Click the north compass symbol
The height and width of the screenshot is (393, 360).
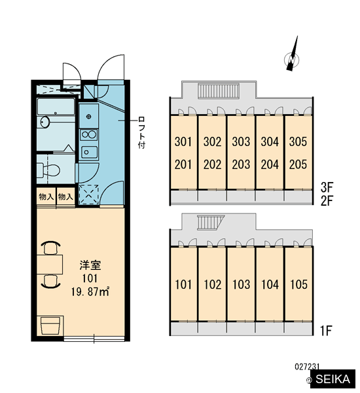click(292, 58)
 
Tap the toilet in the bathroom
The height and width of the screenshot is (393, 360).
click(48, 170)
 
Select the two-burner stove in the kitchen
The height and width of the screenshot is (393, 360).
click(88, 134)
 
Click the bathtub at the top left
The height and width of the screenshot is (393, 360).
click(56, 107)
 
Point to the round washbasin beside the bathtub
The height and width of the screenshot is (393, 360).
click(45, 122)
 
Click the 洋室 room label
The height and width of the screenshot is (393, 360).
click(90, 266)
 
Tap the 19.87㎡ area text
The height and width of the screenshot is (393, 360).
click(90, 291)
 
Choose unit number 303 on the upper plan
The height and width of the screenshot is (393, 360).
click(241, 141)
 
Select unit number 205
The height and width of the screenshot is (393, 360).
click(298, 164)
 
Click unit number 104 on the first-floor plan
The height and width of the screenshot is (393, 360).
click(270, 284)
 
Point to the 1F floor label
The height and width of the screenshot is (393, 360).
click(326, 331)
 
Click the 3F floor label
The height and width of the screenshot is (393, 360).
click(327, 187)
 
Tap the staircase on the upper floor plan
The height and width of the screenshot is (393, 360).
click(219, 92)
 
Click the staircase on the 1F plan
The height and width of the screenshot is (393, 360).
click(211, 222)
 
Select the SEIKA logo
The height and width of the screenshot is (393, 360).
click(333, 379)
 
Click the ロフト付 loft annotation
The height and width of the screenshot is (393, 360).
click(141, 132)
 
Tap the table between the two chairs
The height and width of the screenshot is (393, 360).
click(50, 264)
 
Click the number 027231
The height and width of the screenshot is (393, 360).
click(307, 367)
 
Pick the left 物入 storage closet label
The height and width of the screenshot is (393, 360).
click(46, 196)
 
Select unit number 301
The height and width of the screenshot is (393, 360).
click(183, 141)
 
